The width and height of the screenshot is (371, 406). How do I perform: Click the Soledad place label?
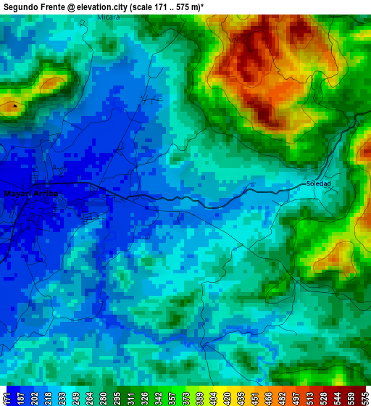[x=318, y=183]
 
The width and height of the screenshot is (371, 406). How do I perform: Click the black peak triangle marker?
[x=14, y=106]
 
